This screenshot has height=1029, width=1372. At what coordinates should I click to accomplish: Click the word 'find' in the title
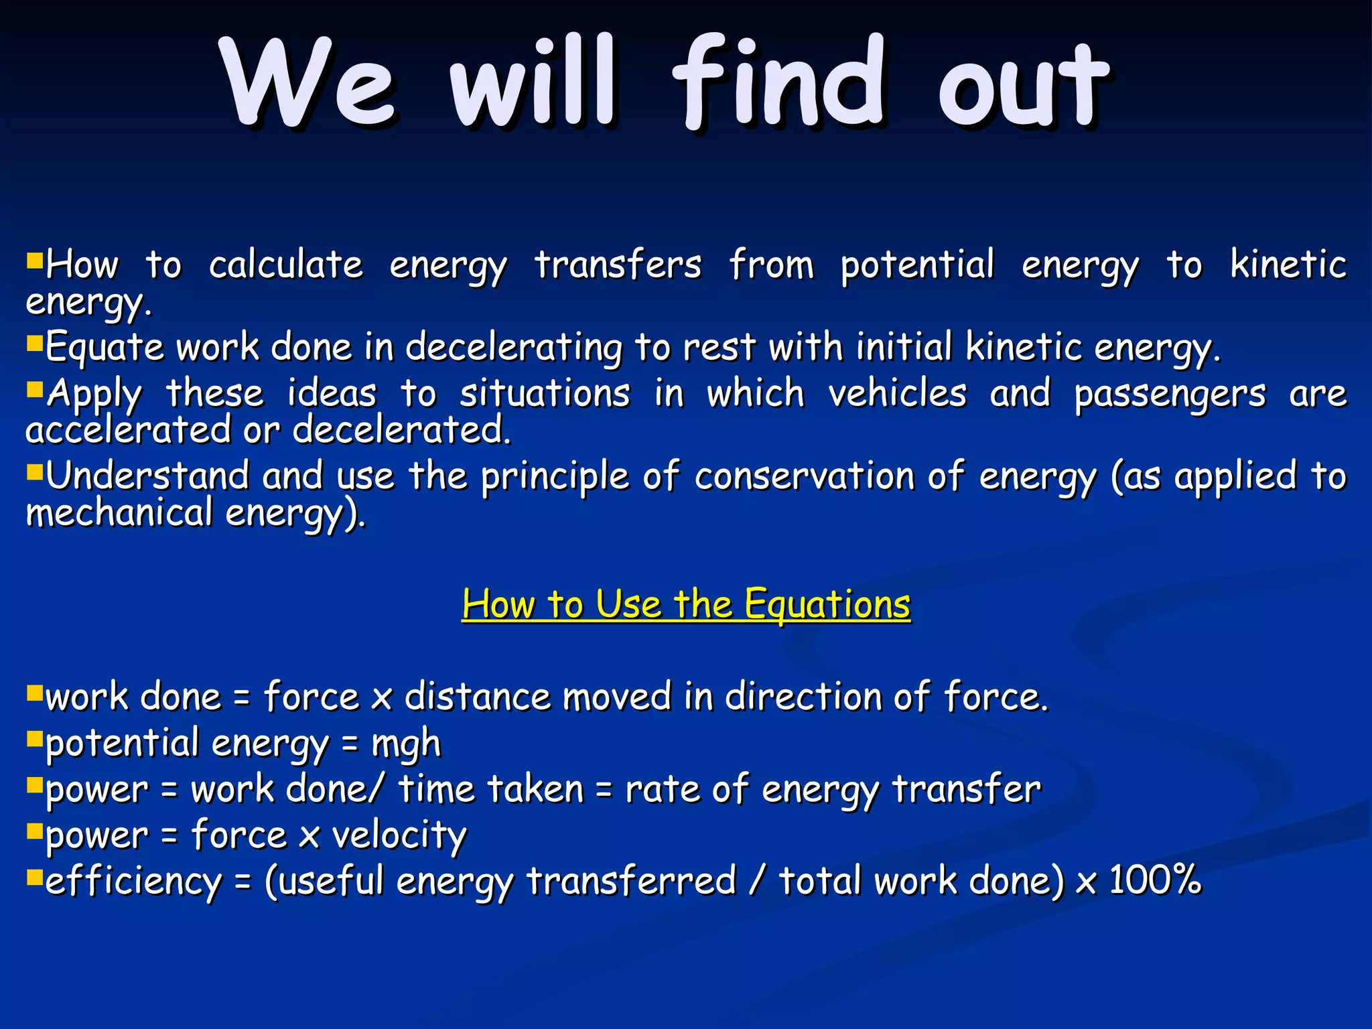tap(779, 84)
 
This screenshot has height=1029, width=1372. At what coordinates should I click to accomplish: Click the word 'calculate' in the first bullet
tap(286, 265)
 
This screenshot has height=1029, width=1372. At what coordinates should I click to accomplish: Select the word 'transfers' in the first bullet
tap(618, 265)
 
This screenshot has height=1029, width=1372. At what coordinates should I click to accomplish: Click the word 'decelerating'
tap(514, 348)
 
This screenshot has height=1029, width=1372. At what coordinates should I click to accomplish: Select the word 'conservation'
tap(805, 476)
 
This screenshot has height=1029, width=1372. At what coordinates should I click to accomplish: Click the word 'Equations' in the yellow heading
tap(827, 604)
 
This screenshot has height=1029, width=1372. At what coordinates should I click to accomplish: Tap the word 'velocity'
tap(399, 837)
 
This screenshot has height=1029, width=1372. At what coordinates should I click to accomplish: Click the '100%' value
tap(1155, 880)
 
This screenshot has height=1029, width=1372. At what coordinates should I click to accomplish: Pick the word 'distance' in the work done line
tap(478, 697)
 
